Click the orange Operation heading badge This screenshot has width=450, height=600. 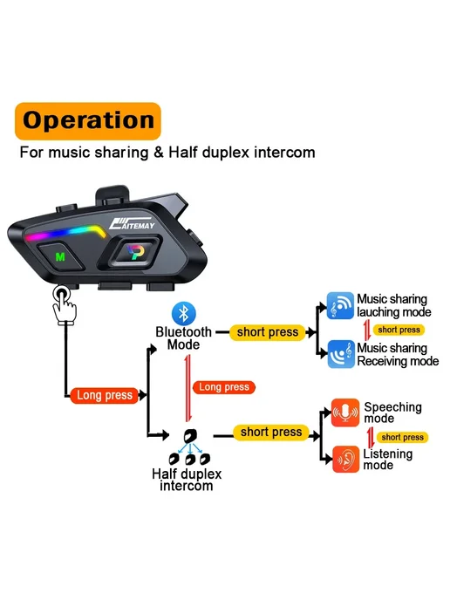tap(87, 121)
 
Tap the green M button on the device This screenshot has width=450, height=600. tap(60, 256)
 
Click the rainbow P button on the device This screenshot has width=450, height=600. tap(135, 252)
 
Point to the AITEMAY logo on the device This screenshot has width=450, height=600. tap(132, 224)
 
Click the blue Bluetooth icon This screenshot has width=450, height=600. tap(184, 313)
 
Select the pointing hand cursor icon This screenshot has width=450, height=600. tap(65, 305)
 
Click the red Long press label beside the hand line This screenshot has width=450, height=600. tap(105, 395)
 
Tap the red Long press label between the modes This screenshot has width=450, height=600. tap(224, 387)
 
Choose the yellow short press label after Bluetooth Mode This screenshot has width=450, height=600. tap(268, 332)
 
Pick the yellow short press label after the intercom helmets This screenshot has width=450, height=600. tap(271, 433)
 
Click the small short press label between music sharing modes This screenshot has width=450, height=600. tap(399, 330)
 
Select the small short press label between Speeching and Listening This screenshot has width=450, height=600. tap(402, 438)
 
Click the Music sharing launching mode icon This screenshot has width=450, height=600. tap(340, 306)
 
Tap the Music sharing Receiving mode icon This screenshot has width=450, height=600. tap(341, 354)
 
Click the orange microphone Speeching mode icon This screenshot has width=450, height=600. tap(345, 412)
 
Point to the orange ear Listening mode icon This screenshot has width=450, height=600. tap(346, 460)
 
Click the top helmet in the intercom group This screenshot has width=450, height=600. tap(190, 436)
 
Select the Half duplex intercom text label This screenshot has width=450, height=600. tap(187, 480)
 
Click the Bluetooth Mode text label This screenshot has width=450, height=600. tap(184, 338)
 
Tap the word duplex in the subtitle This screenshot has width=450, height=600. tap(226, 153)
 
